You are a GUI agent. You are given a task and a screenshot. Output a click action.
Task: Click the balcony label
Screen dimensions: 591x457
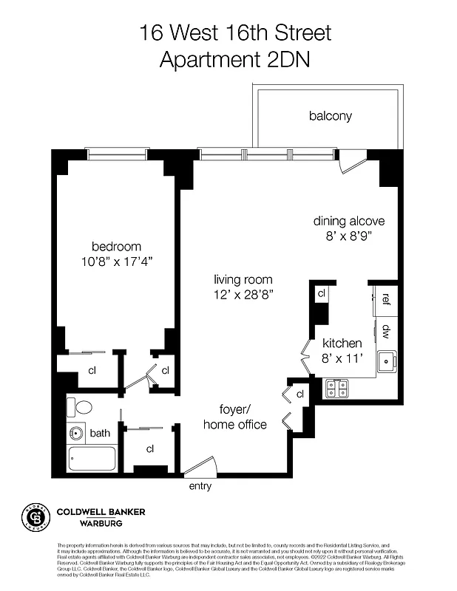tap(330, 116)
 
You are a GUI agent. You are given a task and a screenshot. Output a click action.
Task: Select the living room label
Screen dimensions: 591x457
tap(243, 280)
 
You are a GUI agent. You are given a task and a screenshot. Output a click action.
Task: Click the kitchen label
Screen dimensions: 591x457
tap(342, 344)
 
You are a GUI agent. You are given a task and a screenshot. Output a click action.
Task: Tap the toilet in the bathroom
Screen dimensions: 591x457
tap(79, 407)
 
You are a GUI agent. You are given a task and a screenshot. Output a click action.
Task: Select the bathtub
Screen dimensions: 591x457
tap(92, 459)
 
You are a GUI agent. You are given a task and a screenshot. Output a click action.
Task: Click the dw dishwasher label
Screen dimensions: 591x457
tap(386, 332)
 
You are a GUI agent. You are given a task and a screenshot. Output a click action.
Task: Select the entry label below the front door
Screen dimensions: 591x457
tap(200, 486)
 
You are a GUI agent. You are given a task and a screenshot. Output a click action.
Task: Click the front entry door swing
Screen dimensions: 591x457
tap(201, 466)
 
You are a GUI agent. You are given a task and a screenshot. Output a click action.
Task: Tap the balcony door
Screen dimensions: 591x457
tap(351, 162)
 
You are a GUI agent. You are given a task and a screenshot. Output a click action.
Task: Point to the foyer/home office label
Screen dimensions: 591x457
tap(235, 417)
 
